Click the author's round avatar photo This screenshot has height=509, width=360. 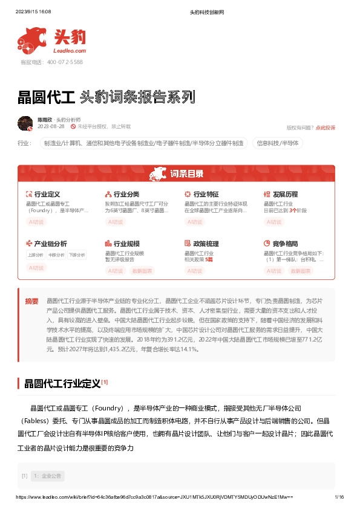[x=25, y=123]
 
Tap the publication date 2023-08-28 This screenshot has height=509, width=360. [x=51, y=127]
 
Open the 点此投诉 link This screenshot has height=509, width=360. [x=326, y=128]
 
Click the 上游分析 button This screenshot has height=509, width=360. [x=36, y=254]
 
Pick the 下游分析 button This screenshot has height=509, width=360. [x=77, y=254]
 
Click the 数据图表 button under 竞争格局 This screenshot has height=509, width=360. [x=301, y=271]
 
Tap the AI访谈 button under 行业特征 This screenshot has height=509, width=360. [x=195, y=222]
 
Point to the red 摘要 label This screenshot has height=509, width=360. [x=31, y=300]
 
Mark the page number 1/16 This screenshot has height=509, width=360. [x=339, y=497]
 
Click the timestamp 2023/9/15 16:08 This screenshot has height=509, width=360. [x=33, y=11]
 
